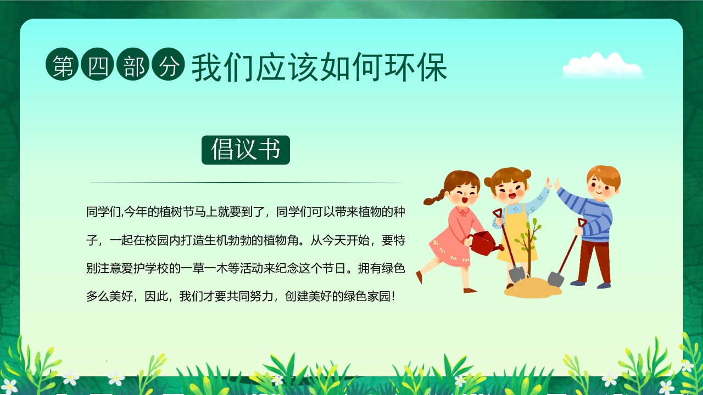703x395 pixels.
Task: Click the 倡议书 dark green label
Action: coord(246,150)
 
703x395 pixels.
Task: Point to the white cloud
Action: coord(602,67)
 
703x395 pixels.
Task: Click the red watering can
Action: coord(483,242)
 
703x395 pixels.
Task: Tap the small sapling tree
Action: coord(528,241)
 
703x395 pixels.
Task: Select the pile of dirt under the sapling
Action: coord(532,288)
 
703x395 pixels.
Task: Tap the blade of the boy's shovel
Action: coord(556,279)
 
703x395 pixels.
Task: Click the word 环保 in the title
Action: coord(422,67)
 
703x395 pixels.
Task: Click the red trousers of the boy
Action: coord(594,261)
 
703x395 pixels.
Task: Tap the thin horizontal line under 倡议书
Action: coord(246,183)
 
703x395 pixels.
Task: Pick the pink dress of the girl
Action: coord(450,236)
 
